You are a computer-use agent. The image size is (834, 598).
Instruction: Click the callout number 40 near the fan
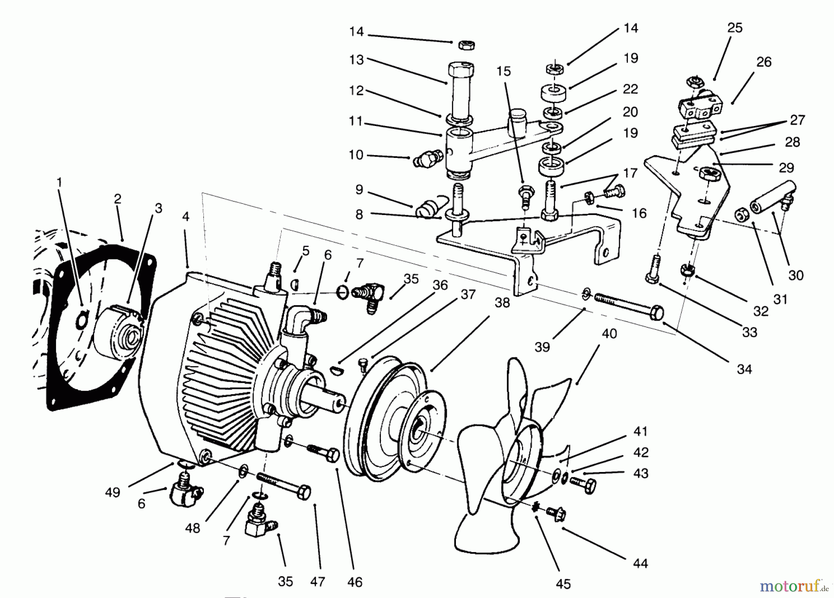(609, 334)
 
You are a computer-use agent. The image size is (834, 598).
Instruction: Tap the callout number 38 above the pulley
(502, 303)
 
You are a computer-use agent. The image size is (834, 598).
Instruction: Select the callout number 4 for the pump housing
(186, 217)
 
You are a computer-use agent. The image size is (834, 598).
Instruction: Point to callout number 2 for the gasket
(117, 199)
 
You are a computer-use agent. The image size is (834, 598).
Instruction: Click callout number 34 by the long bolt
(744, 369)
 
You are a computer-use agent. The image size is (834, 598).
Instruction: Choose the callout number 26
(764, 62)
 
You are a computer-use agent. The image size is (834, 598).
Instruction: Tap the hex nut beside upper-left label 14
(465, 45)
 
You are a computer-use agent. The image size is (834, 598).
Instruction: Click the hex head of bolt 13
(461, 70)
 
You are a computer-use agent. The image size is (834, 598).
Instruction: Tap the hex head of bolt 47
(303, 492)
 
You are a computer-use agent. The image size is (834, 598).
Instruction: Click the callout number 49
(112, 492)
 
